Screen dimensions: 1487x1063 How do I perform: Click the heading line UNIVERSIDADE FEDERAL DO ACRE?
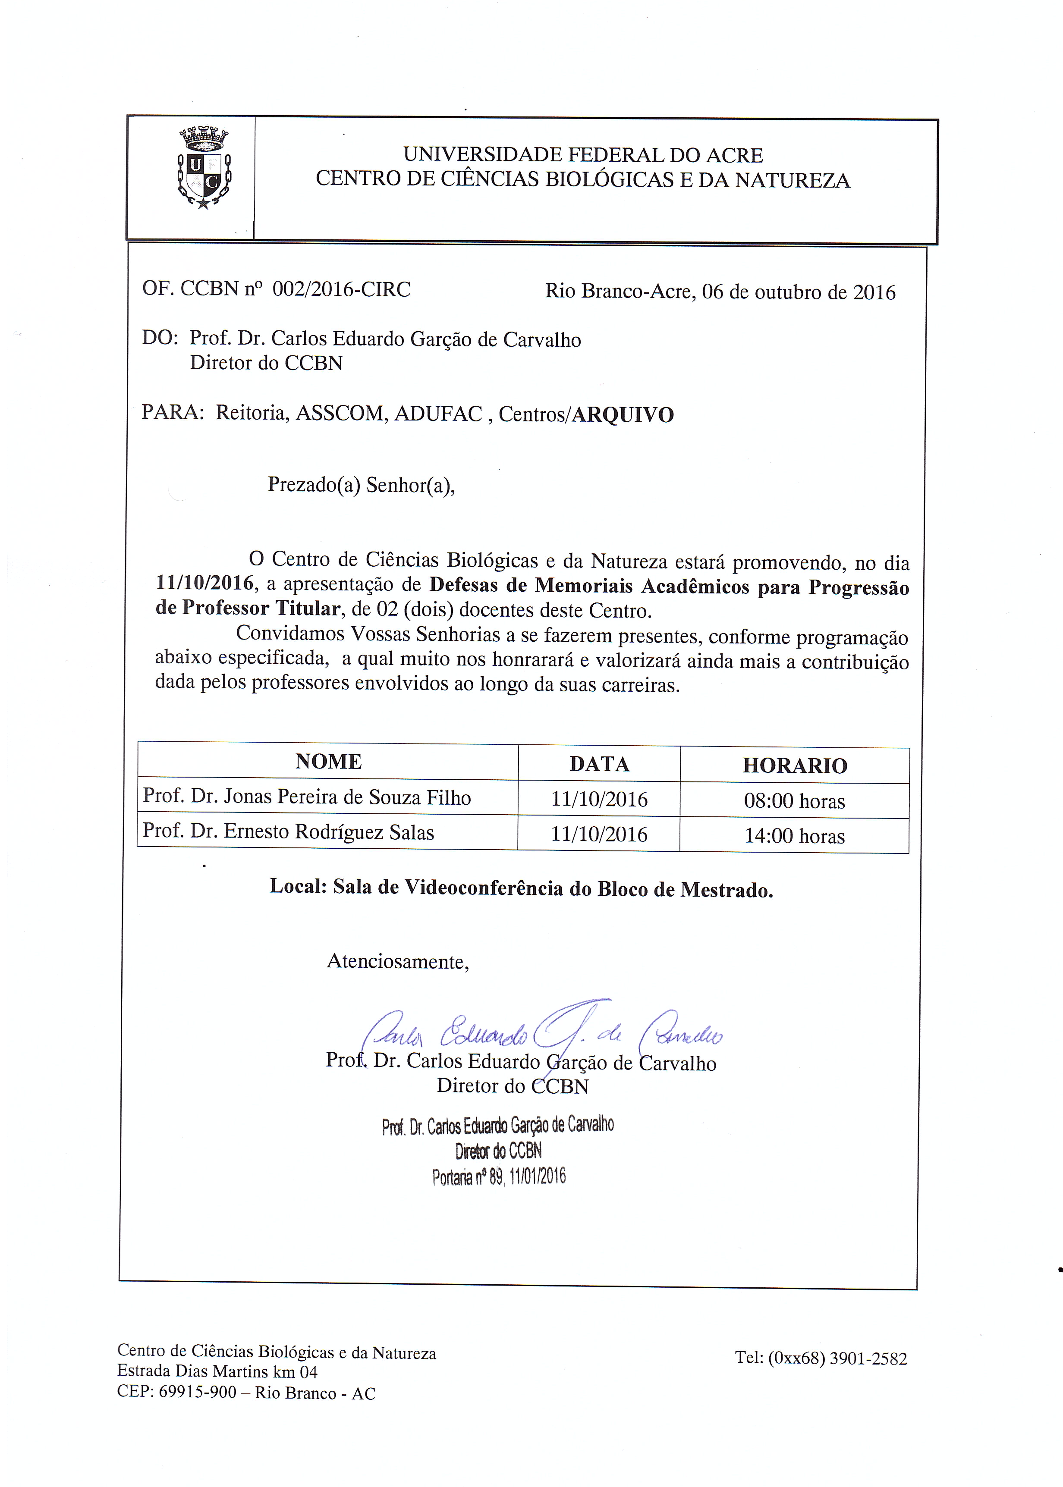click(x=582, y=155)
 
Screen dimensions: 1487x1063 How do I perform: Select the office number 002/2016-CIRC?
click(x=341, y=289)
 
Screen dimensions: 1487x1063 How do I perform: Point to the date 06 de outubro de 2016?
click(x=799, y=292)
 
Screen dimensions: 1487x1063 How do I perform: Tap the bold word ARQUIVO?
click(x=623, y=415)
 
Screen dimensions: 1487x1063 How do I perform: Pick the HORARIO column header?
click(x=795, y=765)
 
